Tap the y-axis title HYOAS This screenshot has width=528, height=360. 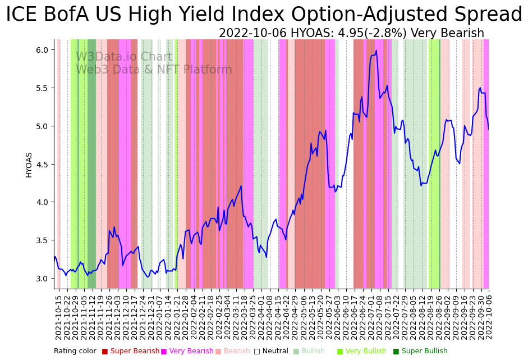pos(29,165)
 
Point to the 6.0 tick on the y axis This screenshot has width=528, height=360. pos(42,50)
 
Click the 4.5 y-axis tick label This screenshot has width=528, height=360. pos(42,164)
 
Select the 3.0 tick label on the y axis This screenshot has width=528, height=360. pos(42,279)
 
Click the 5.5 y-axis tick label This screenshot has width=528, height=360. pos(42,88)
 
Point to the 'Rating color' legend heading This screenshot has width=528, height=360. pos(75,351)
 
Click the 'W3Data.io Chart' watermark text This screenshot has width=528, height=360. pos(124,57)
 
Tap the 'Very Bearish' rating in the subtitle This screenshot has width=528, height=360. pos(454,33)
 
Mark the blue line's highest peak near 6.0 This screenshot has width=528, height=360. pos(376,51)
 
